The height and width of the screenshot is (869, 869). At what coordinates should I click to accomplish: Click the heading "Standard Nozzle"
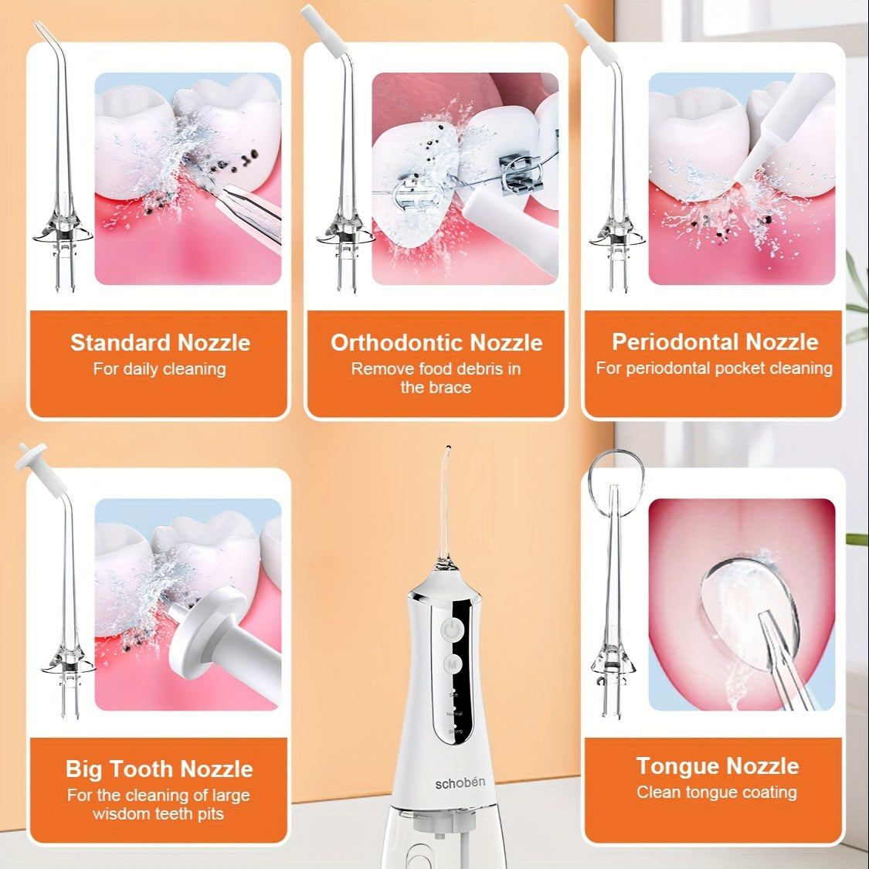160,342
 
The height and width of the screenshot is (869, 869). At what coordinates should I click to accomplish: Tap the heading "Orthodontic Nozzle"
436,342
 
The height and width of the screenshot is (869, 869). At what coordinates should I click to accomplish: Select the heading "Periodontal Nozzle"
715,341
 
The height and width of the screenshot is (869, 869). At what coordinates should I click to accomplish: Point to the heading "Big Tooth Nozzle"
159,769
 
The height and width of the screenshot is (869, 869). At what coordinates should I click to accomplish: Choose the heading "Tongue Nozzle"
717,765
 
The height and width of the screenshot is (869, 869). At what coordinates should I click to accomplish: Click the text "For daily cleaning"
159,369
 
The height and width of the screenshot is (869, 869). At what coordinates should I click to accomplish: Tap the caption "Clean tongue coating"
716,792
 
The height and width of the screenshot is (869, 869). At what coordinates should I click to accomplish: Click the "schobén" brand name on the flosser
460,782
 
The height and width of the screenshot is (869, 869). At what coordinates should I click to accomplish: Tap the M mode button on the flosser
453,664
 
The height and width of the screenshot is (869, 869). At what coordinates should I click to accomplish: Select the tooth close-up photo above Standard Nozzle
188,178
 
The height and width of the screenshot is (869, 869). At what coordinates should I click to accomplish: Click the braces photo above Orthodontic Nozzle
465,178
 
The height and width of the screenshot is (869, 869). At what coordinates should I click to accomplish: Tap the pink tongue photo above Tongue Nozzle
742,604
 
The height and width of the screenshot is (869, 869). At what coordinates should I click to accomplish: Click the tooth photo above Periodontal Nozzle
742,178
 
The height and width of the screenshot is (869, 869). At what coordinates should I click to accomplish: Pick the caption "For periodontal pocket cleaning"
714,368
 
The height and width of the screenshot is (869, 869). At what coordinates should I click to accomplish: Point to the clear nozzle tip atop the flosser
446,502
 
